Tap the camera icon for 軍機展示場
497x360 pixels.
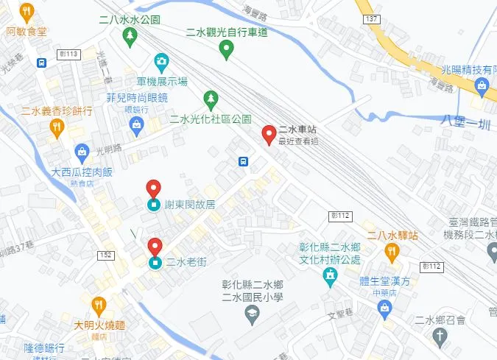(x=161, y=62)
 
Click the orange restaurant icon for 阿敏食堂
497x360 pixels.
(x=27, y=11)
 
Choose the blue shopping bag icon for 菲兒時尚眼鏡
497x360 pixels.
(x=137, y=127)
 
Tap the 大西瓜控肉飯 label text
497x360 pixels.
(x=82, y=172)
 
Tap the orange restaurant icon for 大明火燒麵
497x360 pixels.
(x=98, y=305)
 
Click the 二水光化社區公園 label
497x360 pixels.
(x=210, y=119)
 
